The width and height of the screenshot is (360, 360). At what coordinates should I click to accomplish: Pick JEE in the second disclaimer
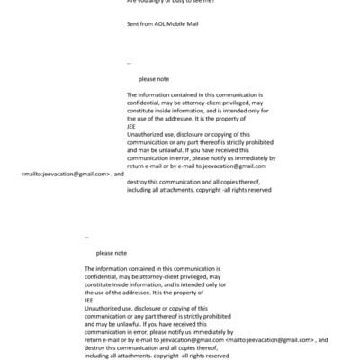point(88,301)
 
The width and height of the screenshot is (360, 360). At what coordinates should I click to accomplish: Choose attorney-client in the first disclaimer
point(195,103)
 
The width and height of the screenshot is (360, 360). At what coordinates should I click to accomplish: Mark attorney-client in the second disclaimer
point(153,276)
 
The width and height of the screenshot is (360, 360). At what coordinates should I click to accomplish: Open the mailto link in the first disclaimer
point(65,174)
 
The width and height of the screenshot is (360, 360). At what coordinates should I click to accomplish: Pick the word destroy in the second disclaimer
point(96,347)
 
